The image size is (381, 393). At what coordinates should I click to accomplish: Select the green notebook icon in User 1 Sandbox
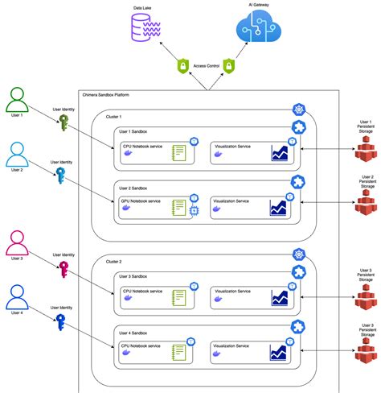tap(179, 153)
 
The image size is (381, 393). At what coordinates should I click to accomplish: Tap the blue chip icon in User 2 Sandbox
tap(194, 210)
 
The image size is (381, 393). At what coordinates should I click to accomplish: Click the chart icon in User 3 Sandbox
tap(279, 297)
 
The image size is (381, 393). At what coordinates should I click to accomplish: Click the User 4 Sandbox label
tap(133, 332)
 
